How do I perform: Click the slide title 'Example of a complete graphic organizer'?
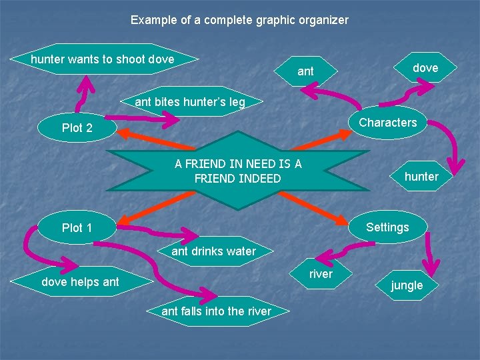click(x=239, y=20)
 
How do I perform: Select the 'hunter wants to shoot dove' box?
click(x=103, y=59)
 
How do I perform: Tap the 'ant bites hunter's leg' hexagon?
click(x=190, y=102)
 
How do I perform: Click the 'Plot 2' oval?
click(x=77, y=128)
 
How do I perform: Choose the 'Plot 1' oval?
click(x=77, y=228)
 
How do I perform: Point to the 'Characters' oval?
click(x=387, y=123)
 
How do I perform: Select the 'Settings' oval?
click(x=387, y=227)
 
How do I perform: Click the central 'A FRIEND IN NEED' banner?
click(x=238, y=171)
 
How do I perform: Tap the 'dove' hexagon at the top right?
click(x=425, y=68)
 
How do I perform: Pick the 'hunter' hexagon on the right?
click(x=421, y=177)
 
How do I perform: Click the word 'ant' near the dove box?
click(x=305, y=71)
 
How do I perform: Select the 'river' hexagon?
click(x=321, y=274)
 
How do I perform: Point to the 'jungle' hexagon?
click(x=407, y=285)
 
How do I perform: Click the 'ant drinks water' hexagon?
click(x=213, y=251)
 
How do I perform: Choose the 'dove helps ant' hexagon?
click(x=80, y=282)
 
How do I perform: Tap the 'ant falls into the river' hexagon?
click(x=217, y=311)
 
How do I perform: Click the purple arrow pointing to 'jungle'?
click(x=432, y=248)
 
